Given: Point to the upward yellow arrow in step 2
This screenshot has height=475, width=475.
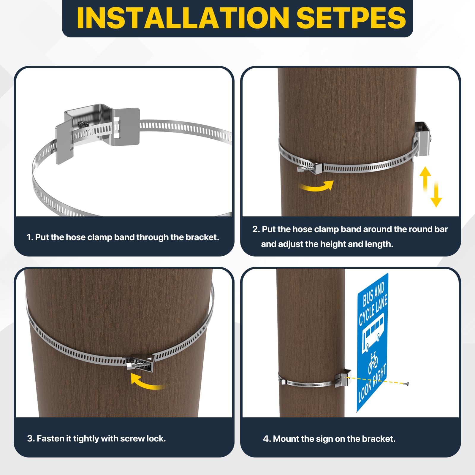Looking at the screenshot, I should point(425,177).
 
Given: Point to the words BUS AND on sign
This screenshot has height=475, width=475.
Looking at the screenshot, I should point(373,294).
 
